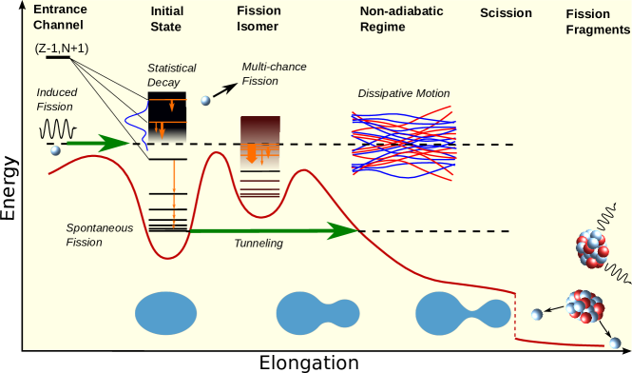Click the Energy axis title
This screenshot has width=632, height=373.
pyautogui.click(x=9, y=188)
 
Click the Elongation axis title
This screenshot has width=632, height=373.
pyautogui.click(x=309, y=363)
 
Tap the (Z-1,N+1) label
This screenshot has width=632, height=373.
pyautogui.click(x=62, y=49)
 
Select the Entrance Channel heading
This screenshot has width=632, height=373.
pyautogui.click(x=60, y=17)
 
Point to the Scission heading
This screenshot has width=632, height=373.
pyautogui.click(x=506, y=13)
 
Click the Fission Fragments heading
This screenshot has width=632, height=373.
pyautogui.click(x=598, y=22)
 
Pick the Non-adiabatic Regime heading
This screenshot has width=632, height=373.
pyautogui.click(x=401, y=19)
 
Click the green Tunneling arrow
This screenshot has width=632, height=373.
pyautogui.click(x=274, y=231)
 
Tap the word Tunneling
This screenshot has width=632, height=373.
pyautogui.click(x=259, y=244)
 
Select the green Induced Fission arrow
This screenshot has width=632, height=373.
pyautogui.click(x=98, y=143)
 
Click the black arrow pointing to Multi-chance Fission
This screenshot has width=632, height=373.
pyautogui.click(x=225, y=89)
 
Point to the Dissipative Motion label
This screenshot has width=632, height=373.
pyautogui.click(x=404, y=93)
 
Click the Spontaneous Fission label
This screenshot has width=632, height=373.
pyautogui.click(x=100, y=235)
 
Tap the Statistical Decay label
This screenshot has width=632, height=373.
pyautogui.click(x=172, y=75)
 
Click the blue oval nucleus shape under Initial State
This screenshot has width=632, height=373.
pyautogui.click(x=165, y=313)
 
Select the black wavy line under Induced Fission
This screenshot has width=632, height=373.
pyautogui.click(x=58, y=129)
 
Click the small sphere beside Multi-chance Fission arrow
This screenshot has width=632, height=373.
pyautogui.click(x=205, y=100)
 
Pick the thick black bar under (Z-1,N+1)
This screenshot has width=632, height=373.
pyautogui.click(x=58, y=58)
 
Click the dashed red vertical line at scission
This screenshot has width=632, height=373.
pyautogui.click(x=515, y=316)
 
